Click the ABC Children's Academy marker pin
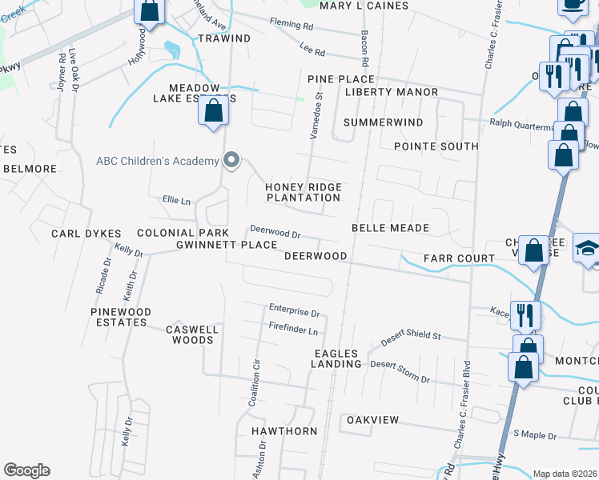click(231, 161)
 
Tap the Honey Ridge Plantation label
click(304, 192)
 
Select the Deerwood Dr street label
click(275, 233)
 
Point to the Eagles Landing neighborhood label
click(337, 358)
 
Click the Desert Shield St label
click(411, 336)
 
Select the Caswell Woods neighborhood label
click(190, 334)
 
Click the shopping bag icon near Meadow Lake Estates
click(213, 111)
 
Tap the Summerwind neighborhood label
click(383, 122)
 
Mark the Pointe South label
click(436, 146)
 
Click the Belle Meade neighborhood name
click(390, 228)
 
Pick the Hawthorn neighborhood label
click(284, 431)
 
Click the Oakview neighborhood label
click(372, 420)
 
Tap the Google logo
click(27, 470)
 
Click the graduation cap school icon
click(588, 249)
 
